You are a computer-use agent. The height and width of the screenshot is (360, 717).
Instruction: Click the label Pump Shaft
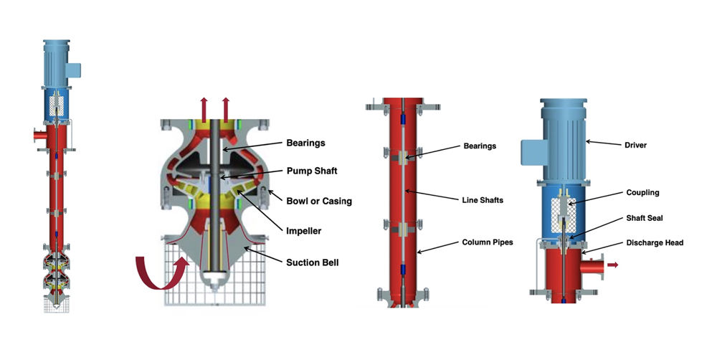click(313, 172)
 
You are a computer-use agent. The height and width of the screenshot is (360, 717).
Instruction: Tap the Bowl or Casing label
click(319, 201)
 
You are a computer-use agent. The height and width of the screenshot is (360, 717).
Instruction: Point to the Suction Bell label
click(313, 262)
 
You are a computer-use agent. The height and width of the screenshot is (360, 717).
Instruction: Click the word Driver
click(636, 145)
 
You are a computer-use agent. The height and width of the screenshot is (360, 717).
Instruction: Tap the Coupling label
click(642, 192)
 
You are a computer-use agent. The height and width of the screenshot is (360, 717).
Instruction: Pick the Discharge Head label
click(653, 242)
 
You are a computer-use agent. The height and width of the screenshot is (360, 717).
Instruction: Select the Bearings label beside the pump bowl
click(305, 143)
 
